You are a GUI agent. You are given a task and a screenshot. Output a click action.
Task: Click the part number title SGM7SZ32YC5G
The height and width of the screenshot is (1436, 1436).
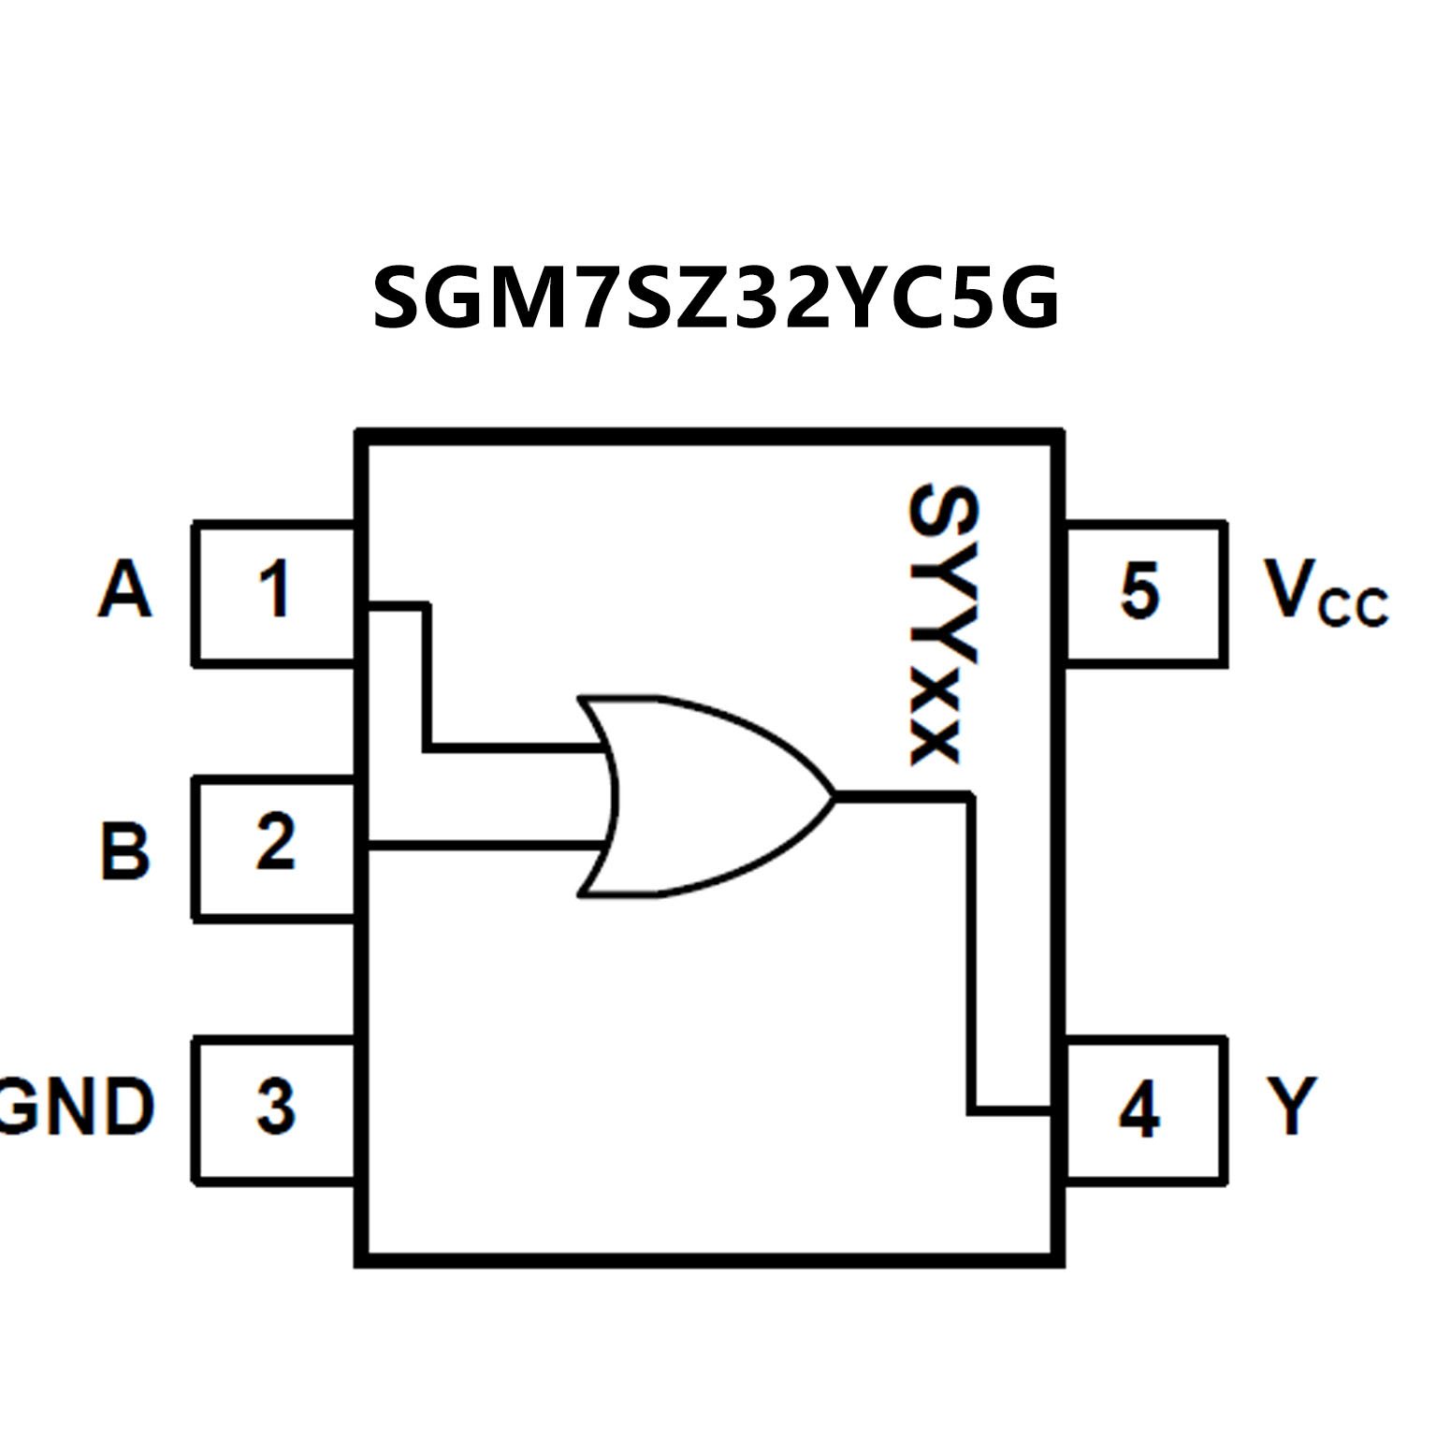coord(717,297)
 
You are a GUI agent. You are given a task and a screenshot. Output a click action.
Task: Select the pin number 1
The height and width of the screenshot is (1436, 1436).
coord(274,589)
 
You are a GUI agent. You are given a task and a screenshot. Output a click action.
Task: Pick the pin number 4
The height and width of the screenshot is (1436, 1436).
coord(1139,1110)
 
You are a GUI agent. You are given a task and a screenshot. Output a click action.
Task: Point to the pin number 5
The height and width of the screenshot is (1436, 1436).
coord(1139,590)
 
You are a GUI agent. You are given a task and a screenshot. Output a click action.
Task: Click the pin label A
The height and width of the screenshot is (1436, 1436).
coord(124,589)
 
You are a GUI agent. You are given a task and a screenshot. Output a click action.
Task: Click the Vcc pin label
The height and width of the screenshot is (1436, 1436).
coord(1325,592)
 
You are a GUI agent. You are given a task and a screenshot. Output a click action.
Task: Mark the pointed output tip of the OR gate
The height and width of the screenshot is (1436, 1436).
coord(833,796)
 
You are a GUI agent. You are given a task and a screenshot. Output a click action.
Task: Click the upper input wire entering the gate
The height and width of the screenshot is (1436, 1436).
coord(515,747)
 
